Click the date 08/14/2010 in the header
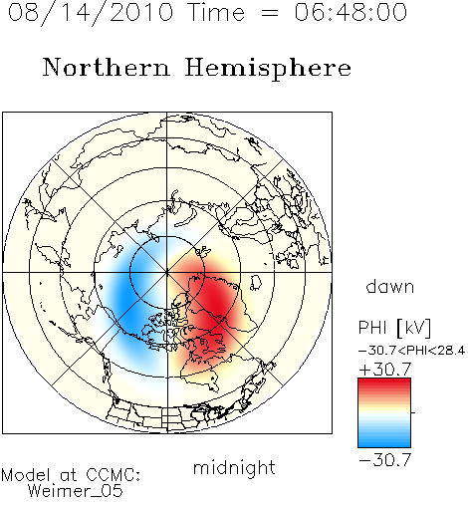tap(91, 12)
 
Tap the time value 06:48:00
tap(351, 12)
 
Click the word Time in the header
tap(216, 12)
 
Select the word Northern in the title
tap(107, 67)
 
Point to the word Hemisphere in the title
tap(268, 69)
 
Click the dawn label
tap(390, 286)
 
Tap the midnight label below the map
tap(234, 467)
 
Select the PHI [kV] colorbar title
tap(394, 328)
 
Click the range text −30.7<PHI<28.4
tap(412, 351)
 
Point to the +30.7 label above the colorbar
tap(385, 370)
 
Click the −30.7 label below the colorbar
tap(385, 460)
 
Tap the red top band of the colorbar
tap(384, 381)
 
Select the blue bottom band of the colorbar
tap(384, 443)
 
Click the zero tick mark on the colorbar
tap(413, 412)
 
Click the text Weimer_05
tap(76, 490)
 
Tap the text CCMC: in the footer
tap(114, 475)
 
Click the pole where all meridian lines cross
tap(167, 272)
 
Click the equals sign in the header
tap(270, 13)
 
